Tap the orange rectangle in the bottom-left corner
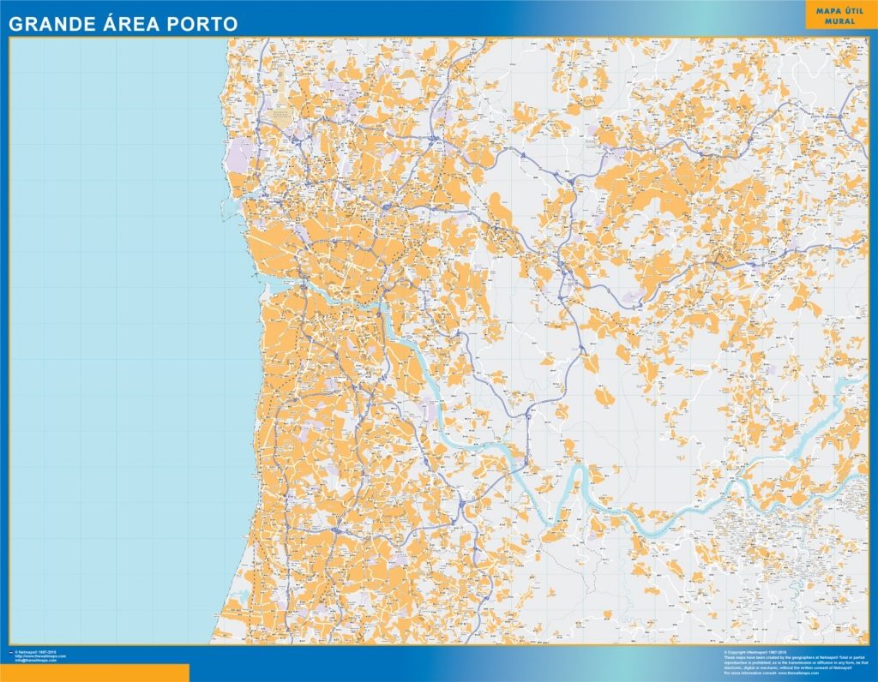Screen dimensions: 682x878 94,673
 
